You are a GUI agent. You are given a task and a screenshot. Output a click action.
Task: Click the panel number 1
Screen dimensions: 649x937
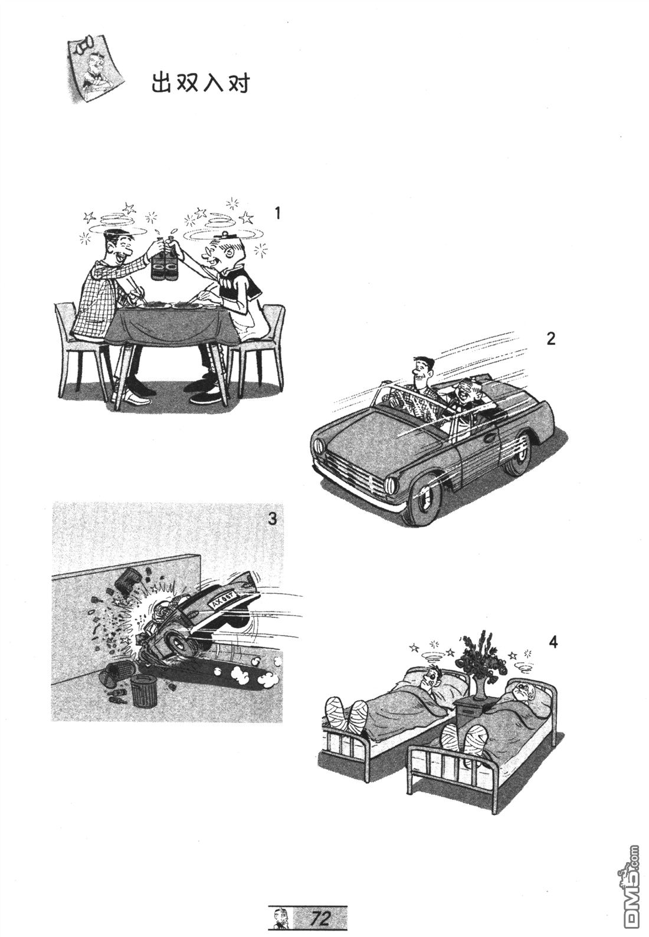[277, 213]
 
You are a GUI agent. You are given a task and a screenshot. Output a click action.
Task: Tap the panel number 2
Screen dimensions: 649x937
[550, 338]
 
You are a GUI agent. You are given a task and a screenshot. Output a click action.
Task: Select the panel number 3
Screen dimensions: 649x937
[272, 519]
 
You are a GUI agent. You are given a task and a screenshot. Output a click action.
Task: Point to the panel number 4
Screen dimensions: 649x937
[553, 653]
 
